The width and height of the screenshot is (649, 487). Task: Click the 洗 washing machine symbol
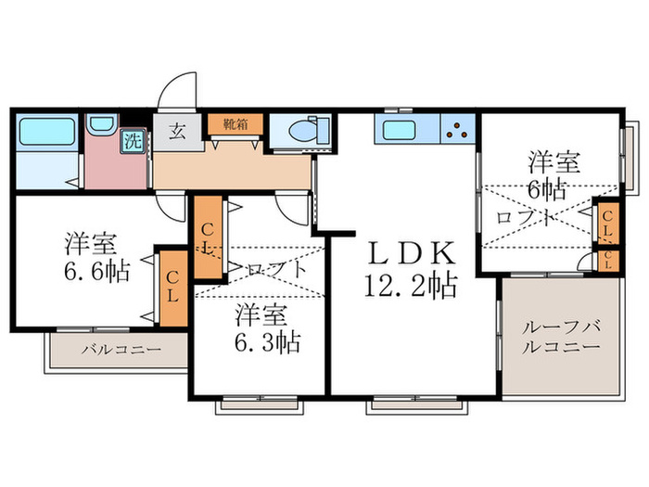[x=134, y=142]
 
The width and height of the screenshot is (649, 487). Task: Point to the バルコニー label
[x=119, y=351]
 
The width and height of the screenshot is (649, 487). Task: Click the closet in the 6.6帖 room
[x=172, y=286]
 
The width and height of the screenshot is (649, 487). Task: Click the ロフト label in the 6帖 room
[x=527, y=219]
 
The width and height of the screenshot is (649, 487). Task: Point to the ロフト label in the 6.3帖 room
[x=276, y=270]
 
